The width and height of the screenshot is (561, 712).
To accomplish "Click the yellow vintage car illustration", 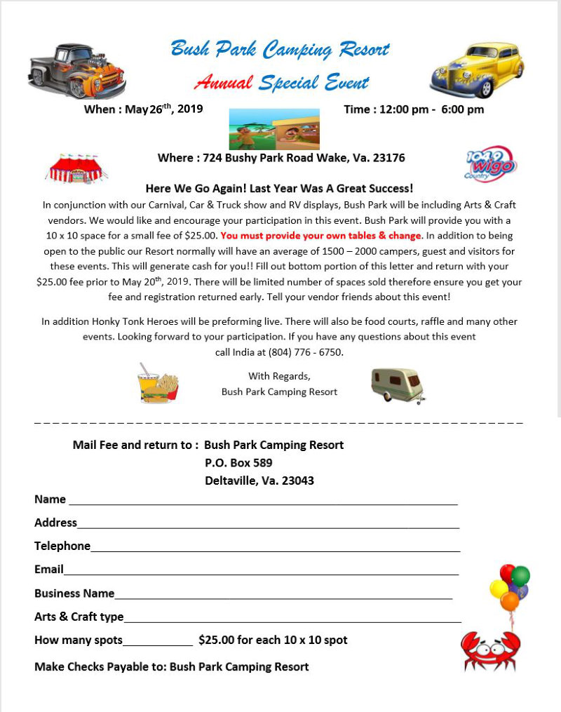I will tap(477, 70).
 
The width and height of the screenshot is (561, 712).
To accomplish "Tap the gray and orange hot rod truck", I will tap(76, 71).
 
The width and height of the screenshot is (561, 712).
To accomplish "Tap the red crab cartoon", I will tap(490, 650).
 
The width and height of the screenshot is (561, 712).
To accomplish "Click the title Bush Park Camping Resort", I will tap(280, 49).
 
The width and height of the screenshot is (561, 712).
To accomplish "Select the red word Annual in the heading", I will tap(223, 83).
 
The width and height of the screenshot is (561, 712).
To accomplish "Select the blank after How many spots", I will tap(158, 642).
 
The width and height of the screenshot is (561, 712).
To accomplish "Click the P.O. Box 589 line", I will tap(238, 463).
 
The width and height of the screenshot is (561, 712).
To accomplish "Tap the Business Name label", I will tap(74, 593).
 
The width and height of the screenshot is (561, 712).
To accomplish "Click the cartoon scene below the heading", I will tap(274, 129).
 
